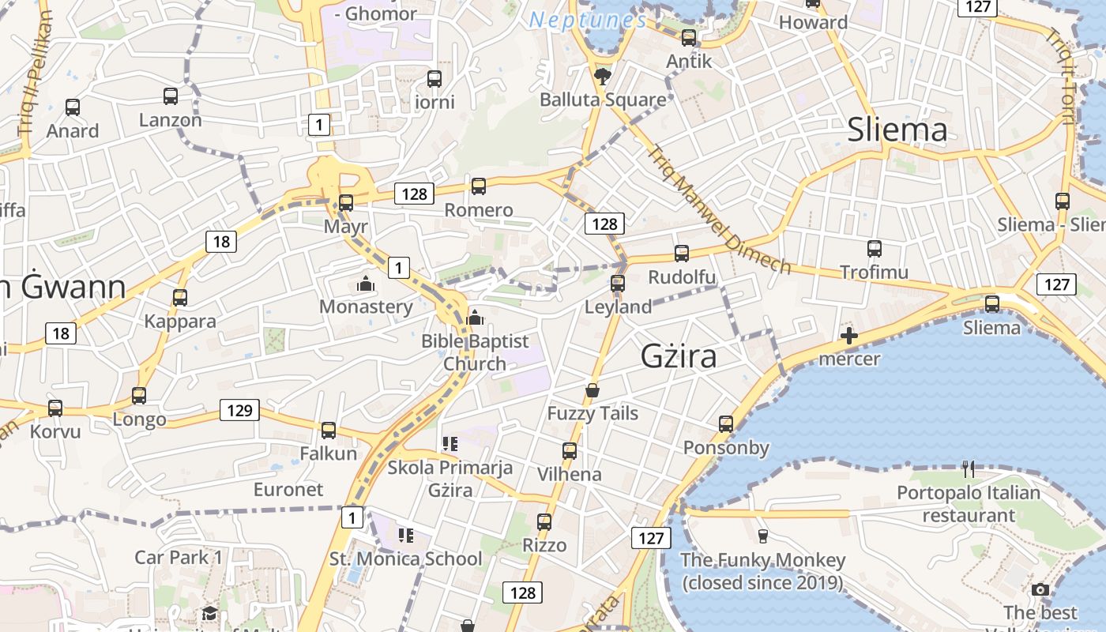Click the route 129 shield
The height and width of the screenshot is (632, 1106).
[239, 409]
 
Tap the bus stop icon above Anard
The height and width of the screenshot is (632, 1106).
[73, 107]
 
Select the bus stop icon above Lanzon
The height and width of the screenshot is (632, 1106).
[171, 96]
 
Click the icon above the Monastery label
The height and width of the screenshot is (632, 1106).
[366, 283]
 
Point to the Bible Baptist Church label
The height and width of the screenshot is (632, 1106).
[475, 352]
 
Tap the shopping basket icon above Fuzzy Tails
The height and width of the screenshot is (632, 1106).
[592, 390]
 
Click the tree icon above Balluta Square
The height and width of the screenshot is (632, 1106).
[603, 76]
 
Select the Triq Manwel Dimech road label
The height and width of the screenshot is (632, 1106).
[718, 210]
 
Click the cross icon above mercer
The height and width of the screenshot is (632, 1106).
[849, 337]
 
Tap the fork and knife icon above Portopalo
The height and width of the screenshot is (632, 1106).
[969, 469]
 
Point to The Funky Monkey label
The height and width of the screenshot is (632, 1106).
[763, 571]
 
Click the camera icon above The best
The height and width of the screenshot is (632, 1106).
[1040, 589]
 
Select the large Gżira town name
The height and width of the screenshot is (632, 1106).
[679, 356]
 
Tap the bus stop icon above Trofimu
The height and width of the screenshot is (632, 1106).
[874, 249]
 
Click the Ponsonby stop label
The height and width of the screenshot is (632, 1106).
[726, 448]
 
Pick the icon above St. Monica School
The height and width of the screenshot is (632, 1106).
[406, 536]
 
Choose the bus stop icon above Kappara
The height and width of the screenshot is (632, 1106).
[180, 298]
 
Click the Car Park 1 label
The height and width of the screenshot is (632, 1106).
[179, 557]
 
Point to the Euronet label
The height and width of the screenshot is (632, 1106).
[288, 489]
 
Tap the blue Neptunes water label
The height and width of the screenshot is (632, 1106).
[588, 21]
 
